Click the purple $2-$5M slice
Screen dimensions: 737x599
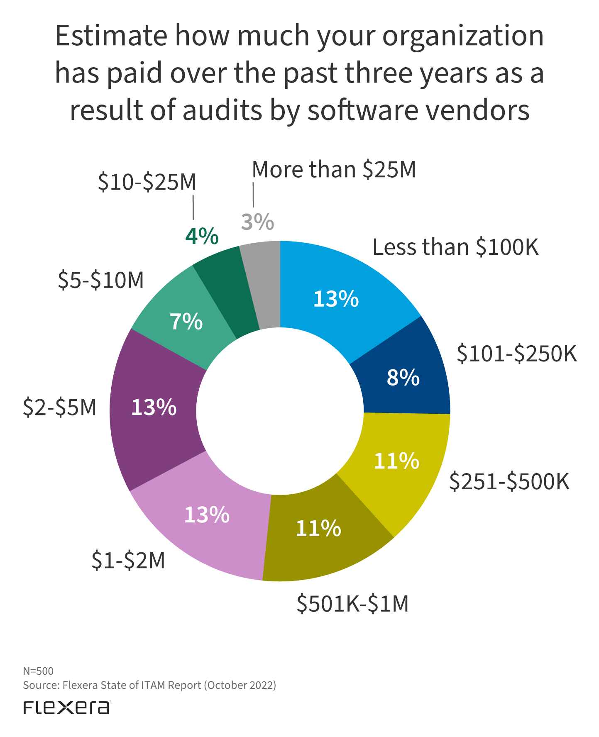point(154,409)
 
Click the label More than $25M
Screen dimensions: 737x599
point(334,170)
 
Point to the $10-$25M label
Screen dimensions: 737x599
point(147,182)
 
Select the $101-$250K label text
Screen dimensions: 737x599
point(516,354)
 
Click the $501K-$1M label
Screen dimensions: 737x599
point(352,604)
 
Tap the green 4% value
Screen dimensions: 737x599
point(202,237)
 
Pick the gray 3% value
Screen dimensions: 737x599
point(257,222)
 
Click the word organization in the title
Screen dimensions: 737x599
point(462,37)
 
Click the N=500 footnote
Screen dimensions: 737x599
point(38,671)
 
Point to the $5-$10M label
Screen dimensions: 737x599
point(101,280)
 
